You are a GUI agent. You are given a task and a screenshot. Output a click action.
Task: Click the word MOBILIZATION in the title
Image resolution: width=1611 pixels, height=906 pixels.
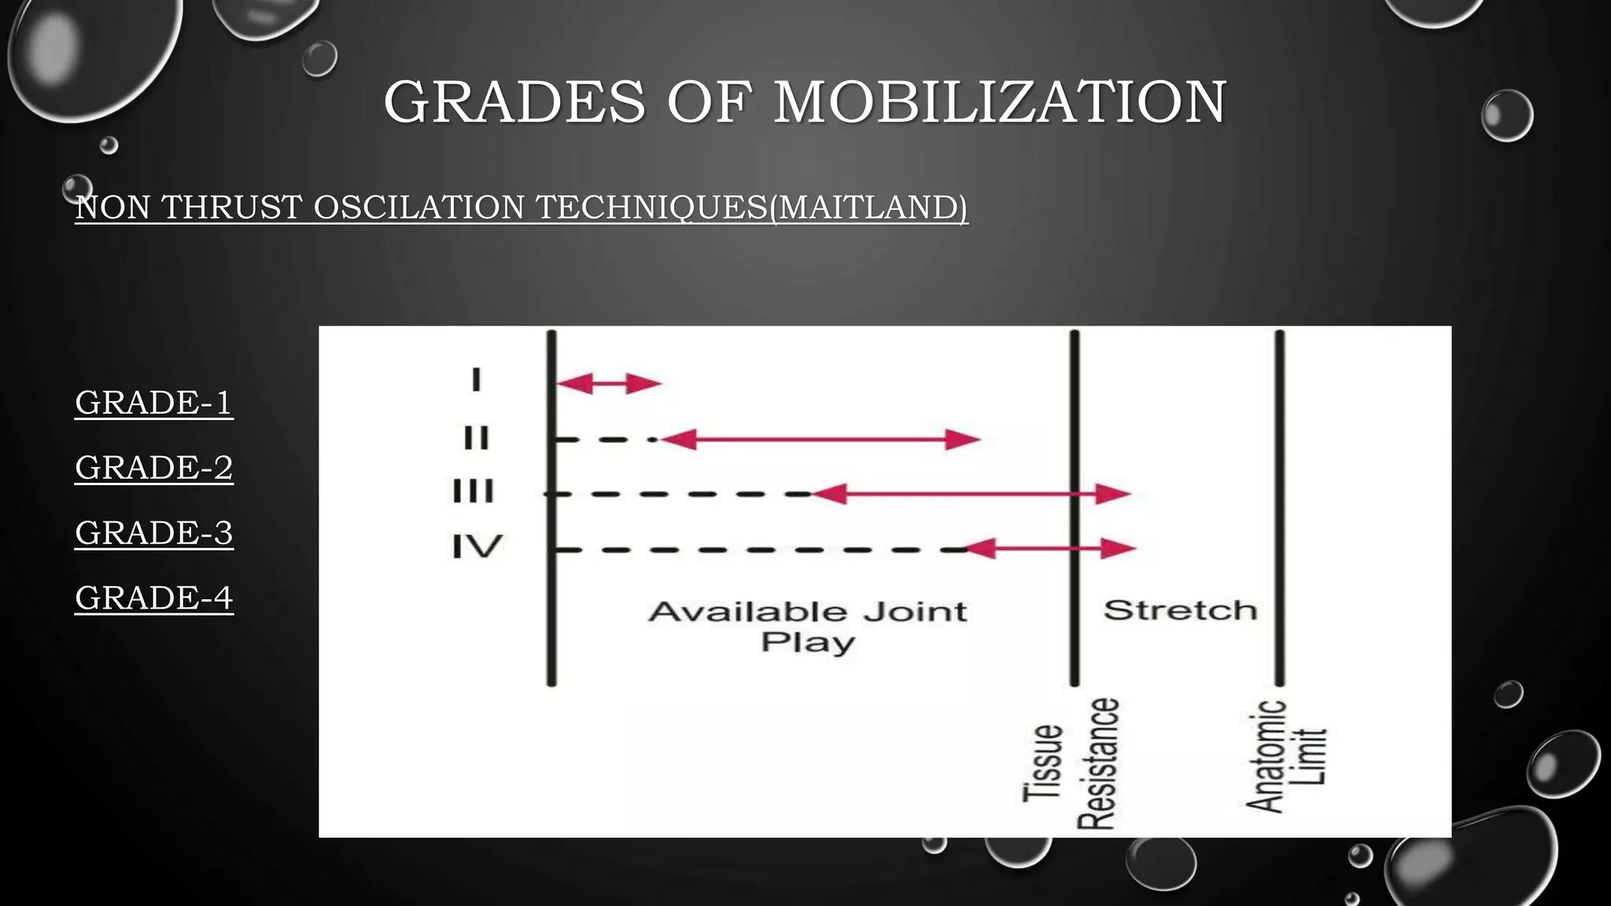pyautogui.click(x=1000, y=102)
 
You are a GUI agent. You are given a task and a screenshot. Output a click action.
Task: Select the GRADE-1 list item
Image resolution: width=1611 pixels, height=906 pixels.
pyautogui.click(x=154, y=403)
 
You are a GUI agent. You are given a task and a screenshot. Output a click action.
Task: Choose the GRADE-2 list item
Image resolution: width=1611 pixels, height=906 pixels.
pyautogui.click(x=154, y=468)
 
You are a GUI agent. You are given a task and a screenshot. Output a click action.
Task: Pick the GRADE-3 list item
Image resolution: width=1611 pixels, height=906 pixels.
pyautogui.click(x=154, y=533)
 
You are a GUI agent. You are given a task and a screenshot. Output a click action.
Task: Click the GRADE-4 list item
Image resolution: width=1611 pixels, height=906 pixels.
pyautogui.click(x=154, y=598)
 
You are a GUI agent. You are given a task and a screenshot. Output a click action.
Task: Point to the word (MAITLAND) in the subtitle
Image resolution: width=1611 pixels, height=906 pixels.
pyautogui.click(x=868, y=208)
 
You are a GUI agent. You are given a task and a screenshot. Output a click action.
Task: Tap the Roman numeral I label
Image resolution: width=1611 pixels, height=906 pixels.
pyautogui.click(x=476, y=381)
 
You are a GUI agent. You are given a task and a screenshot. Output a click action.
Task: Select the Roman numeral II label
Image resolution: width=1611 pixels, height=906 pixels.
pyautogui.click(x=476, y=437)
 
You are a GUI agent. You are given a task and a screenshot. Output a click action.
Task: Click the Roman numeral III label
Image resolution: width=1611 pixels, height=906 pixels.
pyautogui.click(x=474, y=492)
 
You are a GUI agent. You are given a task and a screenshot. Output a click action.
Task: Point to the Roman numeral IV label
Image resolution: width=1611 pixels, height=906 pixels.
pyautogui.click(x=477, y=546)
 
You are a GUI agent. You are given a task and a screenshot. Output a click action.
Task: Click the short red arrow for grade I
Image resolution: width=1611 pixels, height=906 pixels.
pyautogui.click(x=608, y=384)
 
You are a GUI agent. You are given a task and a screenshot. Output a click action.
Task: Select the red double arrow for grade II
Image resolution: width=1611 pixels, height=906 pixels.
pyautogui.click(x=820, y=440)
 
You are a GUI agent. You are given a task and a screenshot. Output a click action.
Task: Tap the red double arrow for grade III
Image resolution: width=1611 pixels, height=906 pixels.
pyautogui.click(x=971, y=494)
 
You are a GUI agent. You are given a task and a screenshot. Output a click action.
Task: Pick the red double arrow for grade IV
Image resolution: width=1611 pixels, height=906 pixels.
pyautogui.click(x=1049, y=548)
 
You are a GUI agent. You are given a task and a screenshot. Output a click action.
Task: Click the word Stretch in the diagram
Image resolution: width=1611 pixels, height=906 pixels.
pyautogui.click(x=1180, y=610)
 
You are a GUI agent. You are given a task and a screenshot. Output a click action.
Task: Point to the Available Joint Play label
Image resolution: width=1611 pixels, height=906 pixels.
pyautogui.click(x=808, y=626)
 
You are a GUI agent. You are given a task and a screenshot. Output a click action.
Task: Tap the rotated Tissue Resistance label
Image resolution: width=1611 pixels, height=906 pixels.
pyautogui.click(x=1070, y=763)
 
